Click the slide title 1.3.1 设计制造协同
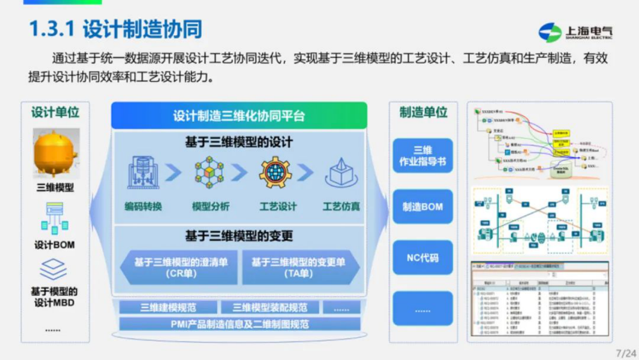tap(115, 29)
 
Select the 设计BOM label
tap(54, 245)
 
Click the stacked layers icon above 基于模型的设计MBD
tap(54, 269)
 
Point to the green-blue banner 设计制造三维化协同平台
tap(239, 116)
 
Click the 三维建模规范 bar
tap(168, 308)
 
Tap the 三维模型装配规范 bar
tap(270, 308)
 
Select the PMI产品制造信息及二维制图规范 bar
tap(239, 324)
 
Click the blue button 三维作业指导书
tap(422, 156)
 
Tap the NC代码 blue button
tap(422, 258)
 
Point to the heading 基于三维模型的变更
tap(239, 236)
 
